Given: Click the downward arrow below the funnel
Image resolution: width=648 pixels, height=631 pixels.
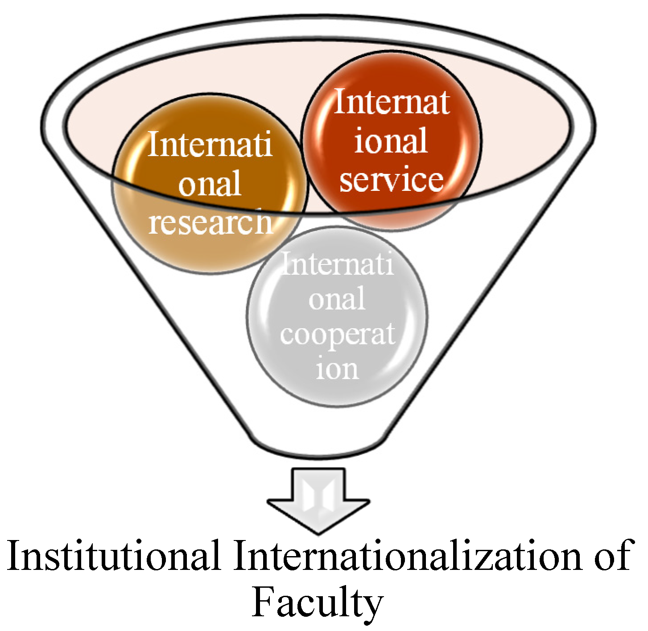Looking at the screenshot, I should [x=318, y=499].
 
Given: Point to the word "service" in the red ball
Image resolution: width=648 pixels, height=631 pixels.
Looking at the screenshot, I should [x=392, y=179].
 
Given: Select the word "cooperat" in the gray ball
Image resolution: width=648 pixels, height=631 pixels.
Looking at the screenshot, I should [x=338, y=334].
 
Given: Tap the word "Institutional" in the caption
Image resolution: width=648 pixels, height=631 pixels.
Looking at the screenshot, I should [x=114, y=556].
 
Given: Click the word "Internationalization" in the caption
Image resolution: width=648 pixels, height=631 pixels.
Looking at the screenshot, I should [x=408, y=556].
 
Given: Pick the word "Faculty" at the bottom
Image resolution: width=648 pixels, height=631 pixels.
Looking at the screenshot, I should [x=318, y=603].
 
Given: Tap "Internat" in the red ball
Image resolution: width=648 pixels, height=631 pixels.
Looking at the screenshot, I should [x=392, y=102].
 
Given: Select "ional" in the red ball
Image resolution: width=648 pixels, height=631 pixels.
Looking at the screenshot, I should [x=391, y=140].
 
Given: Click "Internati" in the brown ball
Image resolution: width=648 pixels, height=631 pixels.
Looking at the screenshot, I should [x=210, y=145].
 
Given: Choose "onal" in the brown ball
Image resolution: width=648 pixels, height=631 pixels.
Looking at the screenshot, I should [x=210, y=183].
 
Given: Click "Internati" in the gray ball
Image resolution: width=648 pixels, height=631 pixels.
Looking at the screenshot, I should [x=338, y=264].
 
